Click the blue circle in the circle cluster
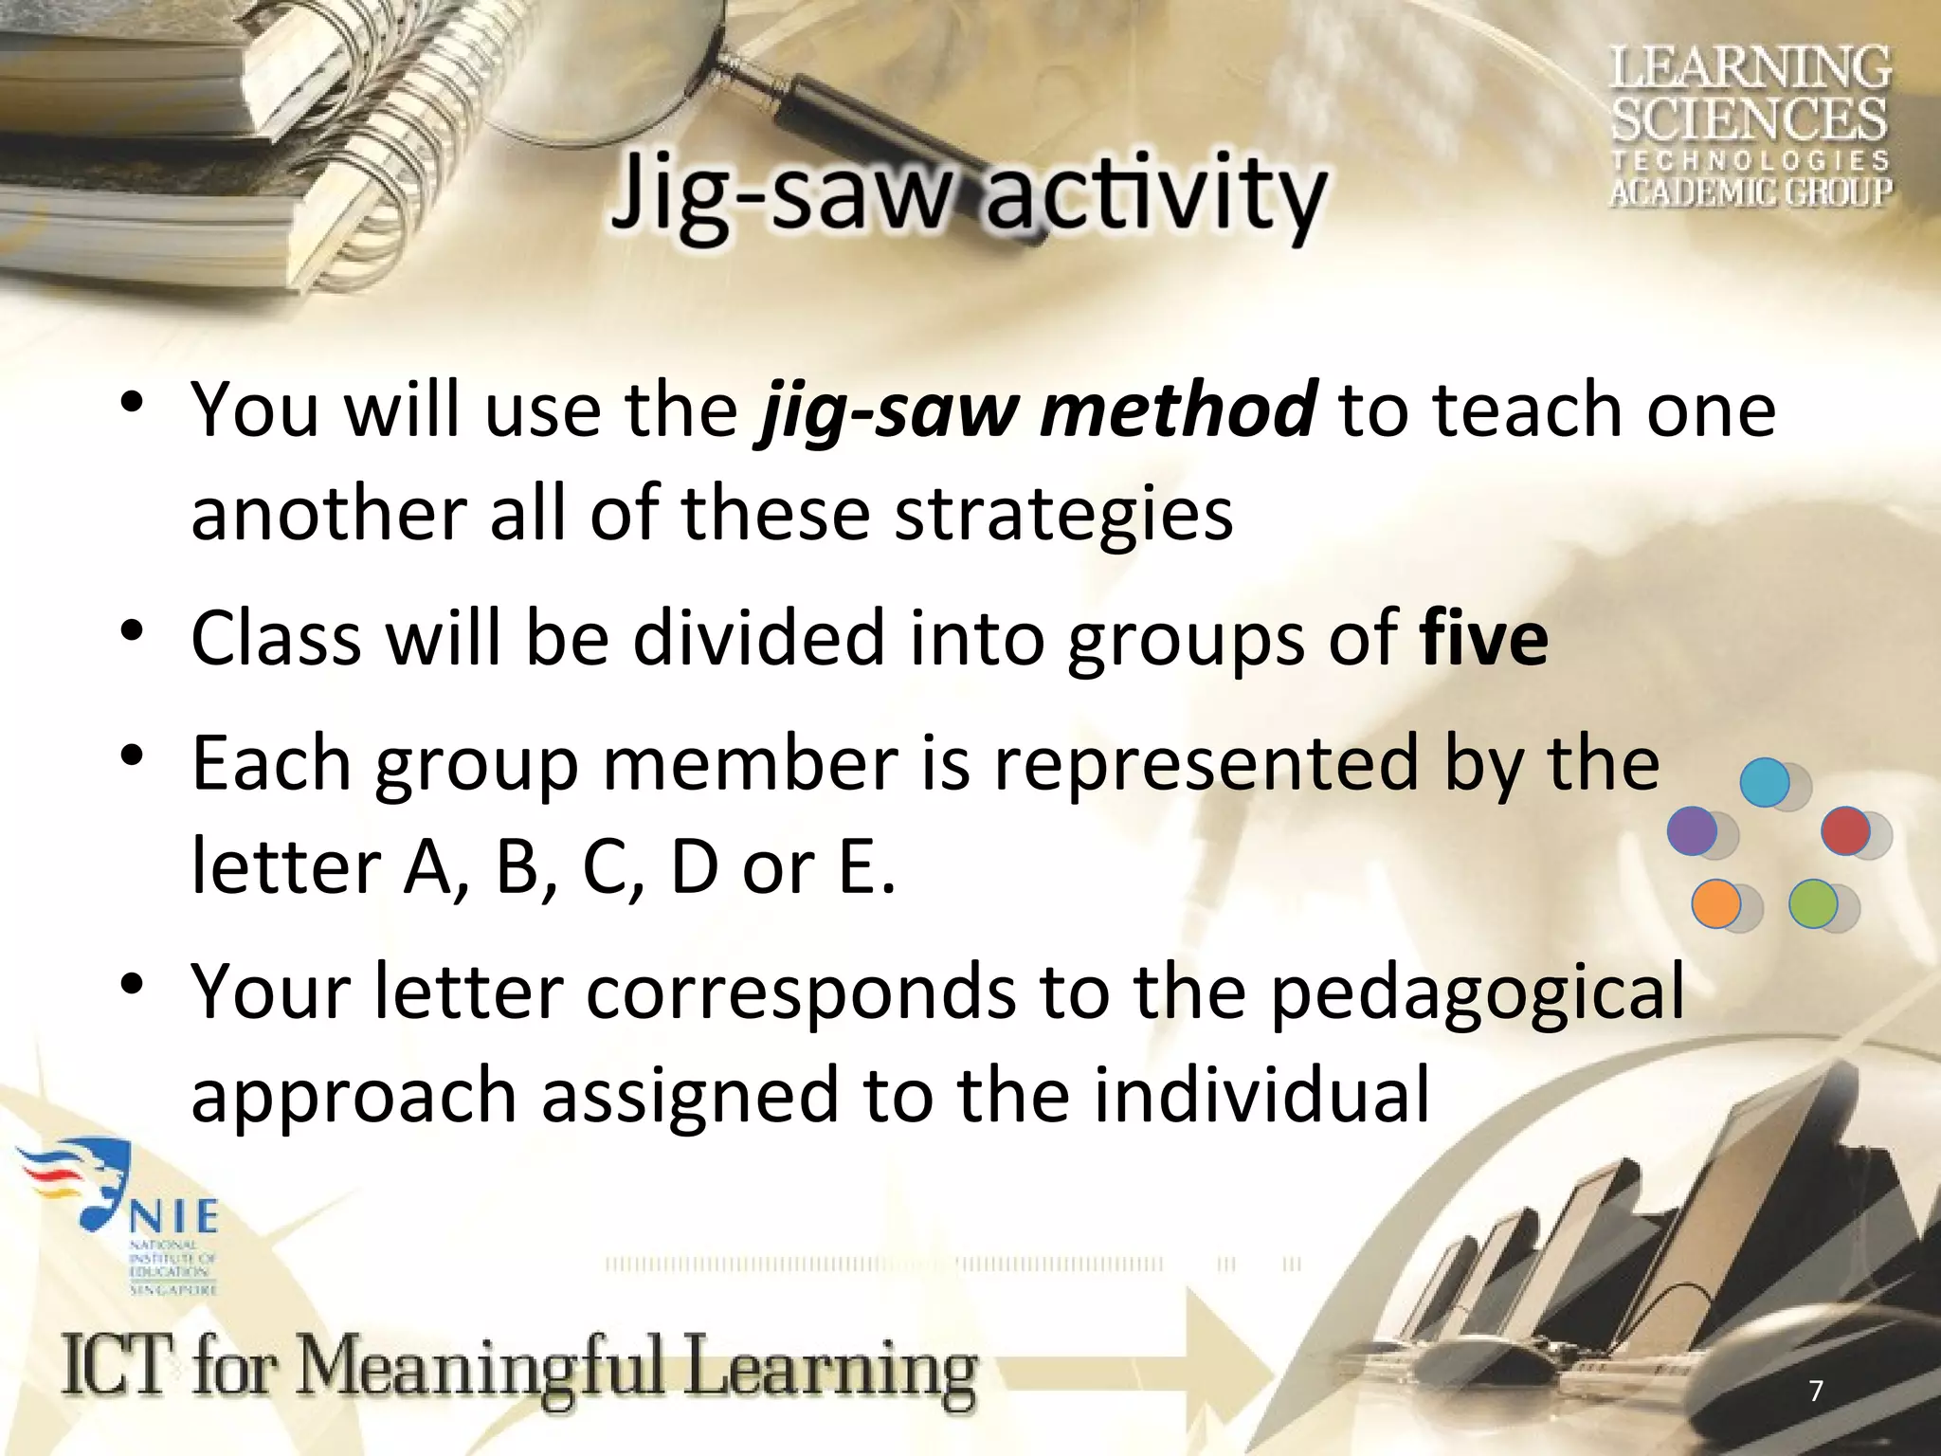pos(1765,783)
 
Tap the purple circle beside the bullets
pos(1692,830)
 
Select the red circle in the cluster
pos(1845,830)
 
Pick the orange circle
pos(1715,903)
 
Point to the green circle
pos(1812,903)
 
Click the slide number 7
pos(1815,1392)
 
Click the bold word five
pos(1484,639)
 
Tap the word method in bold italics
pos(1178,409)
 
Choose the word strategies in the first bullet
pos(1063,514)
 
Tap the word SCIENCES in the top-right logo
pos(1750,120)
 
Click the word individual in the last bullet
pos(1261,1096)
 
